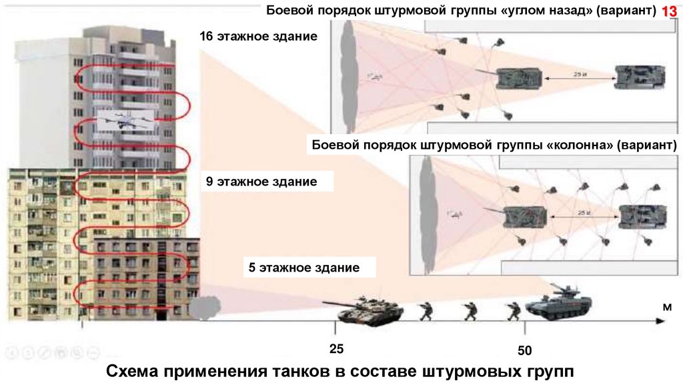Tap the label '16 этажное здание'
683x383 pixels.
(257, 36)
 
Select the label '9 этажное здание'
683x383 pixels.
(261, 181)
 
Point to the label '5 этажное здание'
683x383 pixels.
(304, 268)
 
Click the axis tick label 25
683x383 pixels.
(336, 348)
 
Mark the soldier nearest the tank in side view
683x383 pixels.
(426, 310)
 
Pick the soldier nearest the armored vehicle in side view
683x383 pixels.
(513, 310)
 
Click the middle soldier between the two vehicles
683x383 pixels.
(469, 310)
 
